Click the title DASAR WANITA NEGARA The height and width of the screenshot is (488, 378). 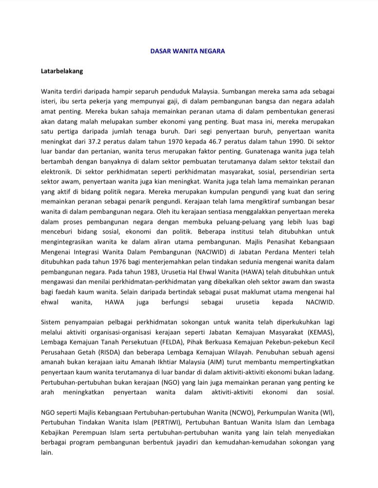188,51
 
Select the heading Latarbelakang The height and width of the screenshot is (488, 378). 62,71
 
